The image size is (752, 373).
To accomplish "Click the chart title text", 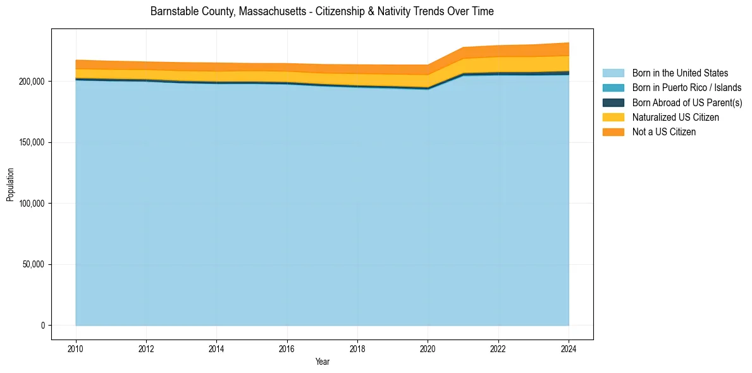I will [322, 11].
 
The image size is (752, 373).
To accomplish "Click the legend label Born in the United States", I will [680, 73].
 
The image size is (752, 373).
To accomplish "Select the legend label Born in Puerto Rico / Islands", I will [687, 88].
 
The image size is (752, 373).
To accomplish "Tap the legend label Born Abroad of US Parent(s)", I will [687, 102].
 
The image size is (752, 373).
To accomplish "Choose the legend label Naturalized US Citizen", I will [675, 118].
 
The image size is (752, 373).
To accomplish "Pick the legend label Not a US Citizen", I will [664, 132].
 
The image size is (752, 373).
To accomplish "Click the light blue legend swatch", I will [613, 73].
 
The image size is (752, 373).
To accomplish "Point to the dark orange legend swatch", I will [613, 132].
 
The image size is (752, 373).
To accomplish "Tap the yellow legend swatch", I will [613, 118].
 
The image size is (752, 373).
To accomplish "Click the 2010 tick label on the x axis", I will [76, 348].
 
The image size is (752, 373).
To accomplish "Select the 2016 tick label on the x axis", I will [287, 348].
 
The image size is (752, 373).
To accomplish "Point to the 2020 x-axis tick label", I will [428, 348].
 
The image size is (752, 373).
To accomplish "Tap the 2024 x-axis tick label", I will [569, 348].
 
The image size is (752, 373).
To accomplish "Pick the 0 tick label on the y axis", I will [43, 326].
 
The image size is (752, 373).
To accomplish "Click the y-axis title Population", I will [10, 185].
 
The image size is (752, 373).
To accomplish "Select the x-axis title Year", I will [322, 362].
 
